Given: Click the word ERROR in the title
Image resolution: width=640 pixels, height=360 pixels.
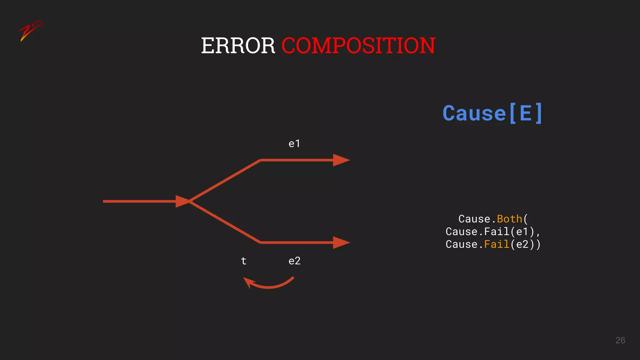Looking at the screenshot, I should [238, 46].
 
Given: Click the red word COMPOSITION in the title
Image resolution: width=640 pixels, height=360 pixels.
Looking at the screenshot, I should [358, 46].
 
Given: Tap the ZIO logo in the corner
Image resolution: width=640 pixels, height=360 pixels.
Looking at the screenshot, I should [30, 30].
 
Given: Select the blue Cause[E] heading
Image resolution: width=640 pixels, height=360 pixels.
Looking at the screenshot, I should [492, 113].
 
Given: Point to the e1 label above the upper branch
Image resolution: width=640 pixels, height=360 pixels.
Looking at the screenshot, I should [294, 144].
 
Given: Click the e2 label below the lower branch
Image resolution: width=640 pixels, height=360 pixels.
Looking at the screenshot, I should [294, 261].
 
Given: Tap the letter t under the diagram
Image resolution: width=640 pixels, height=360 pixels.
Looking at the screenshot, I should [244, 261].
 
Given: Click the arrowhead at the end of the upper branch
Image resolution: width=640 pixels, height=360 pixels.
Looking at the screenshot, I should [341, 160].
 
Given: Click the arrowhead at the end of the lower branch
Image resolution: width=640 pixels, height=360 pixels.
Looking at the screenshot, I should [341, 242].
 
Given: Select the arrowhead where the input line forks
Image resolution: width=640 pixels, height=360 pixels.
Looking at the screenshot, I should [182, 201].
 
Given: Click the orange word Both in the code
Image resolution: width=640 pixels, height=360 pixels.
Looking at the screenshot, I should [509, 219].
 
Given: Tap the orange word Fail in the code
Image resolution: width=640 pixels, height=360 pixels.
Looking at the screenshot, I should [497, 244].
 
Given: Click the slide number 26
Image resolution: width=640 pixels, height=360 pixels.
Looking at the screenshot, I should [620, 340].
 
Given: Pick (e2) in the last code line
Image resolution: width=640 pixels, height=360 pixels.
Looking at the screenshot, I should [522, 244].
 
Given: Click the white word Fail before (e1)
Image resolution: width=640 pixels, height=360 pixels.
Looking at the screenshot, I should [497, 232].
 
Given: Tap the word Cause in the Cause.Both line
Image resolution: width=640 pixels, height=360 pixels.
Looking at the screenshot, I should [474, 219].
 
